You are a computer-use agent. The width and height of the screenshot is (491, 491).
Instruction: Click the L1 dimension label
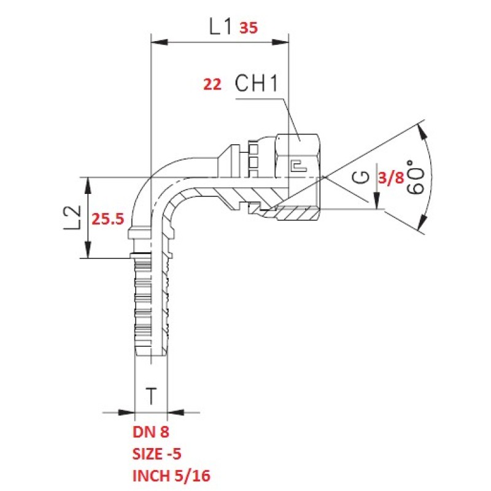pyautogui.click(x=220, y=26)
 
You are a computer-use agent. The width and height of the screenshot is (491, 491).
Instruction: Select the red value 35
pyautogui.click(x=249, y=28)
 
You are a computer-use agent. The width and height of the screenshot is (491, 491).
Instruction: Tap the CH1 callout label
pyautogui.click(x=257, y=83)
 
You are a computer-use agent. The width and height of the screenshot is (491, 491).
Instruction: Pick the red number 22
pyautogui.click(x=212, y=84)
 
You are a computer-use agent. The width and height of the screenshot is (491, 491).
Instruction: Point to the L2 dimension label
pyautogui.click(x=72, y=218)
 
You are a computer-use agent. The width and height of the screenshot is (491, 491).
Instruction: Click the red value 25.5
pyautogui.click(x=108, y=219)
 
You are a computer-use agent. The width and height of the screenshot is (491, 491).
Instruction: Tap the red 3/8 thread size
pyautogui.click(x=392, y=178)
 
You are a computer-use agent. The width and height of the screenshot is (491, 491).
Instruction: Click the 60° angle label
pyautogui.click(x=416, y=177)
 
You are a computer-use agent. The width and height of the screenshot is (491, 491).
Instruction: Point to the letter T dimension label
pyautogui.click(x=151, y=396)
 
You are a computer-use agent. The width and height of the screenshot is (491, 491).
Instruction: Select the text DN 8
pyautogui.click(x=151, y=432)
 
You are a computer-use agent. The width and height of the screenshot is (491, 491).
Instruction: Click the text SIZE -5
pyautogui.click(x=157, y=454)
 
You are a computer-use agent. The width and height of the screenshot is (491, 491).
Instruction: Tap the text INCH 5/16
pyautogui.click(x=172, y=476)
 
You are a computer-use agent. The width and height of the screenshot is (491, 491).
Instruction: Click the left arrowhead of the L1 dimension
pyautogui.click(x=160, y=42)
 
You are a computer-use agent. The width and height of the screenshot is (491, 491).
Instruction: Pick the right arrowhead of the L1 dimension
pyautogui.click(x=280, y=42)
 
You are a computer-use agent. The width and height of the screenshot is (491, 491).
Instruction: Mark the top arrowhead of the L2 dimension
pyautogui.click(x=88, y=185)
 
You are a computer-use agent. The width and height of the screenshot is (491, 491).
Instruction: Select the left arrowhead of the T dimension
pyautogui.click(x=126, y=412)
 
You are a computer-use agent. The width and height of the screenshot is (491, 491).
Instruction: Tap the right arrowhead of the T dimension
pyautogui.click(x=176, y=412)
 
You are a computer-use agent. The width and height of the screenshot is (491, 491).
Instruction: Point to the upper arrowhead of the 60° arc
pyautogui.click(x=423, y=133)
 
